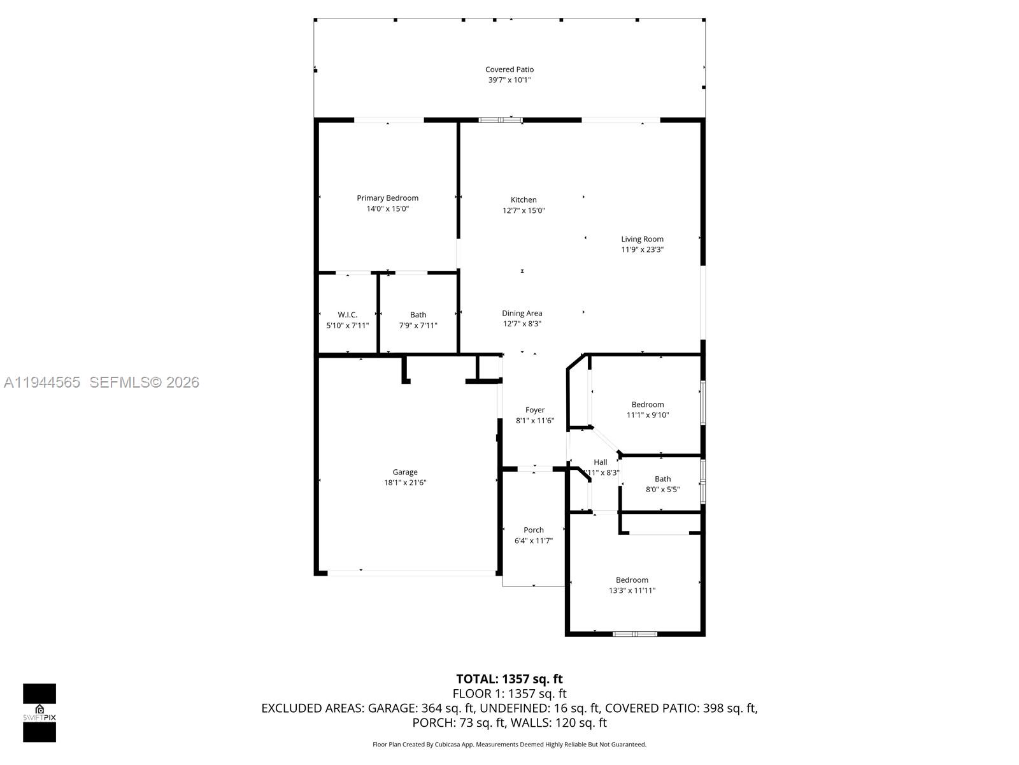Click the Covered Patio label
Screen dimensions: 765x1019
[x=509, y=69]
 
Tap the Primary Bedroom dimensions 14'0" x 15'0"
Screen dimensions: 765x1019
[x=387, y=208]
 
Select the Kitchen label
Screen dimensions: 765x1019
[x=524, y=200]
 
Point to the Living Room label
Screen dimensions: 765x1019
[x=642, y=239]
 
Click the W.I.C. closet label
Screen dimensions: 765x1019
[x=347, y=314]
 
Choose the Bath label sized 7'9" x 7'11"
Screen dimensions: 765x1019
[x=418, y=314]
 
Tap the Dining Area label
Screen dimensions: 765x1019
[x=522, y=313]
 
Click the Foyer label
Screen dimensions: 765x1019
[x=535, y=410]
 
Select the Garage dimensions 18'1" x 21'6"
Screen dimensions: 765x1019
[x=405, y=483]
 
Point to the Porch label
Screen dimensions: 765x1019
[x=534, y=530]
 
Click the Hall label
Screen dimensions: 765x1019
[x=600, y=462]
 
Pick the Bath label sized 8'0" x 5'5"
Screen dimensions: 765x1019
[x=662, y=479]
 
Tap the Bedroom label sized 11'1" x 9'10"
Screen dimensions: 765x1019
[x=648, y=404]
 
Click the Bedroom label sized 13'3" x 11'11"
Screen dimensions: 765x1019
[x=632, y=579]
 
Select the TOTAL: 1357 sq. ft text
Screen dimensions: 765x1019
[x=509, y=679]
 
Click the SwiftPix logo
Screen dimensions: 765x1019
[x=39, y=712]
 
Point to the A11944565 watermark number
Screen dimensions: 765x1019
[x=42, y=382]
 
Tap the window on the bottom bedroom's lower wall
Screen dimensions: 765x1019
[x=635, y=634]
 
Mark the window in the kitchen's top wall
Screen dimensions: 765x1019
[x=501, y=119]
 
